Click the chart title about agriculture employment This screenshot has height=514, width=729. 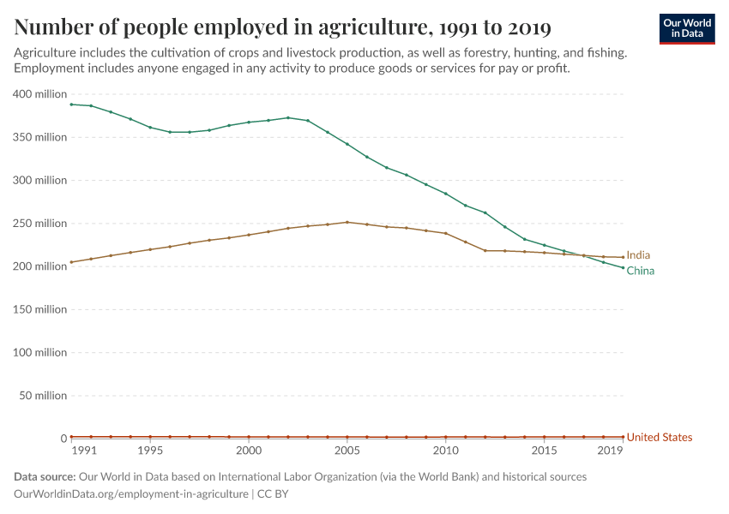[282, 27]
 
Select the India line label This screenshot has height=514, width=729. [638, 255]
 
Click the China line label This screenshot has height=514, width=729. [640, 271]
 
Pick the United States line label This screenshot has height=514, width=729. [659, 438]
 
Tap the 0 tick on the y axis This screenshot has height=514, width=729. [63, 439]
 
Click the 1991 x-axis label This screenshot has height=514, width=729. [84, 451]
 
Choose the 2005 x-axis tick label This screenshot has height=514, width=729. [347, 451]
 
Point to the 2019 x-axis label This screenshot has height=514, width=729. [610, 451]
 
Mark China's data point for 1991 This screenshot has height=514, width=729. [71, 105]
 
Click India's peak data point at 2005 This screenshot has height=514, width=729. [347, 222]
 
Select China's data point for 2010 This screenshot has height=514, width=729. [445, 194]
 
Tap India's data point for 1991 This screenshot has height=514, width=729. [71, 262]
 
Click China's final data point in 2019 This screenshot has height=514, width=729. [623, 268]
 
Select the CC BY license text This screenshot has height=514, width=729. [273, 494]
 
